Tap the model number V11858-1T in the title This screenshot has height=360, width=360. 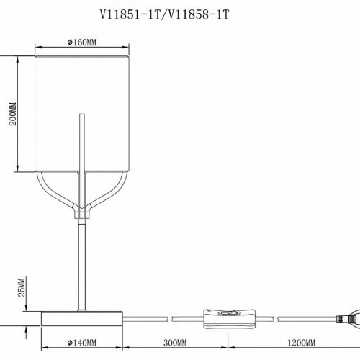tap(197, 15)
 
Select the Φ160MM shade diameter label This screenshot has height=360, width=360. tap(82, 42)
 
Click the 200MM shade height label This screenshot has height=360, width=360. tap(13, 114)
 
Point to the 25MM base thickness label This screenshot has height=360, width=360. tap(22, 287)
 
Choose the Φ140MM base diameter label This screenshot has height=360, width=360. tap(82, 343)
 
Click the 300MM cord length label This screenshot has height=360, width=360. tap(175, 343)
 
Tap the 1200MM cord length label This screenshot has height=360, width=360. tap(302, 343)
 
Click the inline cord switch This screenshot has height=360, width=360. tap(229, 319)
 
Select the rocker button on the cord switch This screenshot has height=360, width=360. tap(228, 313)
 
